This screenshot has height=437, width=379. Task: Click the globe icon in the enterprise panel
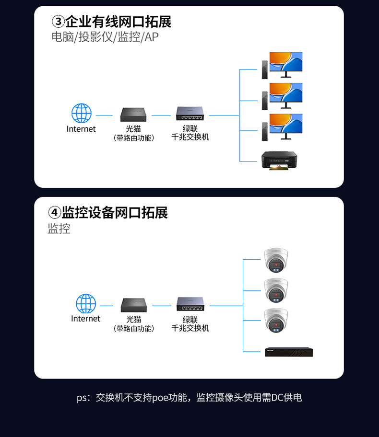[81, 114]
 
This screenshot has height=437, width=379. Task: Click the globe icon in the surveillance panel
[86, 304]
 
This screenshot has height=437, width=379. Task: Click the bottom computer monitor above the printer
[285, 126]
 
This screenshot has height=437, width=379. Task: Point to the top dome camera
[276, 260]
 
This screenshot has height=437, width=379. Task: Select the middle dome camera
[276, 290]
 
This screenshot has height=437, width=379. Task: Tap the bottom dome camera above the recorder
[276, 320]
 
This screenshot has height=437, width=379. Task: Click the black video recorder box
[289, 351]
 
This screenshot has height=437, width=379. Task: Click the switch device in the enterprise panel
[190, 114]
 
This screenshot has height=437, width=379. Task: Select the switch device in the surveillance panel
[190, 304]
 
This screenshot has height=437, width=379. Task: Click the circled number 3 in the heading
[58, 22]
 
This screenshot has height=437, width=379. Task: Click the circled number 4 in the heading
[54, 212]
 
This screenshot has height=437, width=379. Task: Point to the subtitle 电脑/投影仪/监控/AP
[105, 37]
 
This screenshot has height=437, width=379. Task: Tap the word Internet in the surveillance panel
[85, 319]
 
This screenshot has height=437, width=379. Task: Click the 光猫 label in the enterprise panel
[133, 129]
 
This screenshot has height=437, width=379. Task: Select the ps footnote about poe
[189, 397]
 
